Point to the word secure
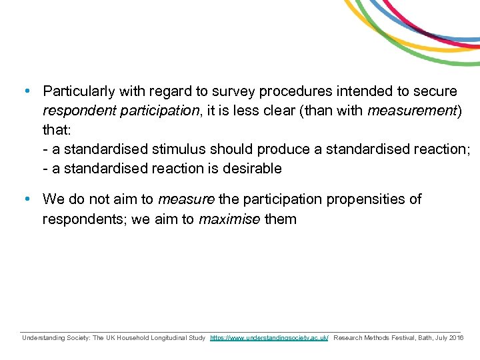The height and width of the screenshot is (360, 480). click(437, 91)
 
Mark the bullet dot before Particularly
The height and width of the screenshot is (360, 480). click(25, 90)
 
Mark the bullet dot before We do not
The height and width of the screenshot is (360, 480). click(25, 199)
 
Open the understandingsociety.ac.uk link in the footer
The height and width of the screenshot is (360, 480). click(269, 339)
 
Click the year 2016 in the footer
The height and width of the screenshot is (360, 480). click(457, 339)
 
